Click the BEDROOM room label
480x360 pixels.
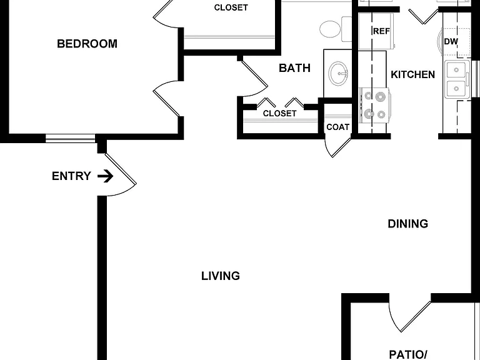pos(87,44)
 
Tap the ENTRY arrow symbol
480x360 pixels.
pos(105,176)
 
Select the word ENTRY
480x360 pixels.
pos(71,176)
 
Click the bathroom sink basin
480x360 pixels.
pos(338,74)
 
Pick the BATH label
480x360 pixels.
pos(294,68)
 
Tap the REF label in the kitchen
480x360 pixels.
pos(381,31)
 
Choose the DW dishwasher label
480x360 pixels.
pos(451,42)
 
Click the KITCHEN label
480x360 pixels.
pos(412,75)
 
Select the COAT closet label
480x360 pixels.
pos(337,127)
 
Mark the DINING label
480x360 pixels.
pos(407,224)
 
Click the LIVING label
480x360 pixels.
pos(221,276)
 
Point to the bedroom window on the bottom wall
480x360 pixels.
pos(71,138)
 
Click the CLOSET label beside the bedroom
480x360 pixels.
pos(231,7)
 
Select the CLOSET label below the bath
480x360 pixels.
pos(279,114)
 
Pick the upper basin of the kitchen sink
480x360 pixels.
pos(456,70)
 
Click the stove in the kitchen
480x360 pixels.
pos(374,106)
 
